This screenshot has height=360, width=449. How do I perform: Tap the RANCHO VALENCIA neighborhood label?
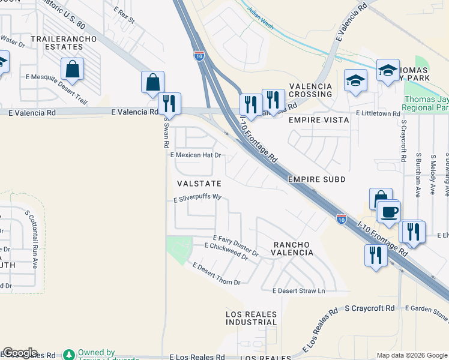click(x=293, y=249)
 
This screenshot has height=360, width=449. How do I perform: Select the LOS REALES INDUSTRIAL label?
click(x=252, y=318)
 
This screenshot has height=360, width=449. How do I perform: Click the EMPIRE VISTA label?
click(x=319, y=120)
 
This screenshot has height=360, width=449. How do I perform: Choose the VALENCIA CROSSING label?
click(x=311, y=90)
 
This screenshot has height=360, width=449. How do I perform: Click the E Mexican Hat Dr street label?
click(x=196, y=155)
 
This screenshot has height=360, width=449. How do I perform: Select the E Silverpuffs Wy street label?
click(x=198, y=197)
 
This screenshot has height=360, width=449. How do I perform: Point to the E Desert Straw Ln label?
click(x=298, y=291)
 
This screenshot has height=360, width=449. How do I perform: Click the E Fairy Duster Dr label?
click(x=235, y=246)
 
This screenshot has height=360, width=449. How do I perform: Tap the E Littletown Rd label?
click(x=378, y=113)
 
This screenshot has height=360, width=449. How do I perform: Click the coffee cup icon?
click(x=390, y=213)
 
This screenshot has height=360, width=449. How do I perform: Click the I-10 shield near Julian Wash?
click(x=199, y=56)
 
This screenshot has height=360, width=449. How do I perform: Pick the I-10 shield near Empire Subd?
click(x=341, y=220)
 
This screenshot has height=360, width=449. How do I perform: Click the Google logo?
click(x=20, y=353)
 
